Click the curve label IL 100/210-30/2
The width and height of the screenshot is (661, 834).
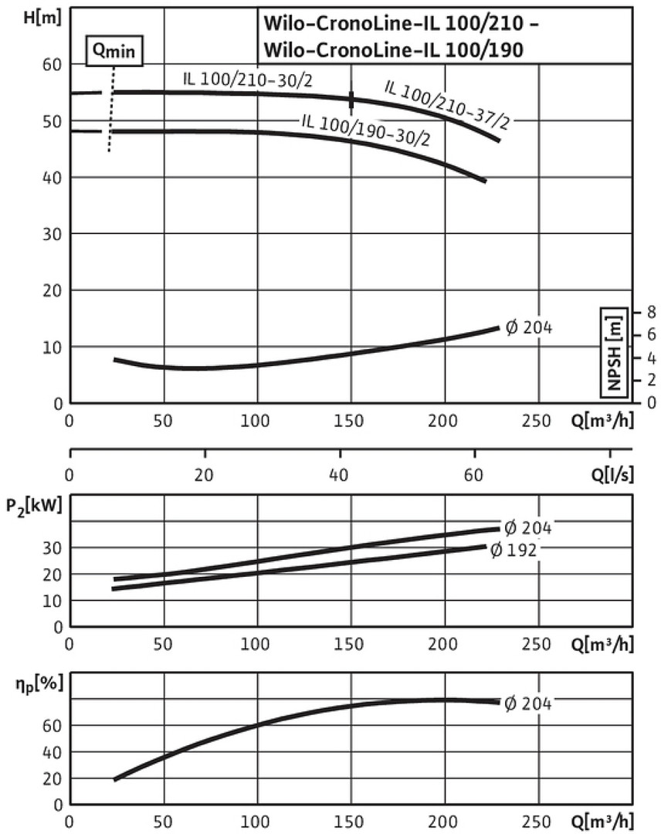click(248, 79)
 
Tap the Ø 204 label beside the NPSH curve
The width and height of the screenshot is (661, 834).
click(529, 327)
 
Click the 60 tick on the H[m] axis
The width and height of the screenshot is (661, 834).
click(52, 65)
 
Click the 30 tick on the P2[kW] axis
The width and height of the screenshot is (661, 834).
click(52, 548)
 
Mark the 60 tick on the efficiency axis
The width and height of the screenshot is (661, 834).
click(52, 725)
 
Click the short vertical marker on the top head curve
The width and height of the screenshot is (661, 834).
click(352, 99)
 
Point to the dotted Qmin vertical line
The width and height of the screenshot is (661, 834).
click(111, 108)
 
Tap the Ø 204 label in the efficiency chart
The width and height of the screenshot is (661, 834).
click(529, 703)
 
